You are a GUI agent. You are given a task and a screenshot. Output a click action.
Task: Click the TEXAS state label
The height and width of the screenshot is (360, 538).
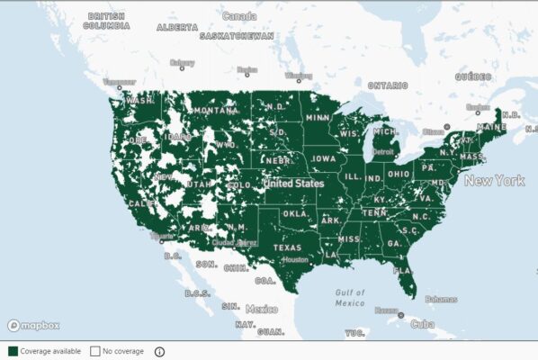[x=288, y=247]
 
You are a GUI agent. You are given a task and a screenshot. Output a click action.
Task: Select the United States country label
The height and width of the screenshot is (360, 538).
[x=293, y=183]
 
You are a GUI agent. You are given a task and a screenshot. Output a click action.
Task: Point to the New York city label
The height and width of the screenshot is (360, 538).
[x=494, y=181]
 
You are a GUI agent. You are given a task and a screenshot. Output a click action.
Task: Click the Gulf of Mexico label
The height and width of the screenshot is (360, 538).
[x=349, y=297]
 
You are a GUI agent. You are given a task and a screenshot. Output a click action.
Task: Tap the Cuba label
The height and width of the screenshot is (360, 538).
[x=420, y=325]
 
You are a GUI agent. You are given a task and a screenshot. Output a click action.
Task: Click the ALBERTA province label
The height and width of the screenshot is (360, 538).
[x=176, y=27]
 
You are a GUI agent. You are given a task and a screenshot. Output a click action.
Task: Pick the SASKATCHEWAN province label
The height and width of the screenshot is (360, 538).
[x=236, y=36]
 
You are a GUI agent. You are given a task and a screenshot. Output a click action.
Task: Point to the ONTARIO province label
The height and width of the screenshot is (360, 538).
[x=387, y=85]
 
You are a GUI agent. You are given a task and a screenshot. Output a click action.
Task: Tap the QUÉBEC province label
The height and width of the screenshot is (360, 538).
[x=473, y=77]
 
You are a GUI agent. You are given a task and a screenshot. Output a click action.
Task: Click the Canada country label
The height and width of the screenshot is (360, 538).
[x=238, y=16]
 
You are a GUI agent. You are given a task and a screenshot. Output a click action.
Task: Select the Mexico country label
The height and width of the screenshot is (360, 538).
[x=262, y=309]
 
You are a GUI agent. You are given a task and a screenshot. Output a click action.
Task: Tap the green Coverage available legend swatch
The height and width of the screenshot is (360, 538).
[x=13, y=351]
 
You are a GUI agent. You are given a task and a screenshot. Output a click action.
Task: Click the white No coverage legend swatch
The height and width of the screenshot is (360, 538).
[x=94, y=351]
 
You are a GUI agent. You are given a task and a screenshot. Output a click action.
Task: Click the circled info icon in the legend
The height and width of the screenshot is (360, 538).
[x=160, y=351]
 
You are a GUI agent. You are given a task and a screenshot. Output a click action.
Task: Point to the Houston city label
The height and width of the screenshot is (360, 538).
[x=294, y=259]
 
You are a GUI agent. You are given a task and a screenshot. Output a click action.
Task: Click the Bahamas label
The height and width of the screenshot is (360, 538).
[x=441, y=299]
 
